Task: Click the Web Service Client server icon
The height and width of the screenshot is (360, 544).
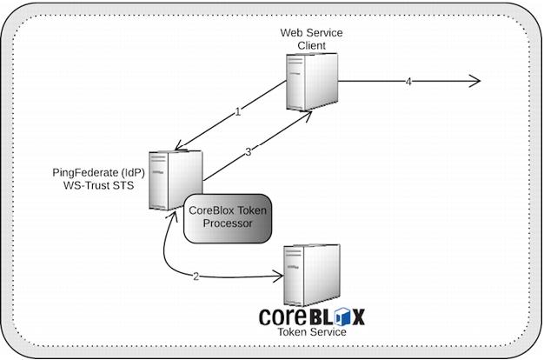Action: [311, 81]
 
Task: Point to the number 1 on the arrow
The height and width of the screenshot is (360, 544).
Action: [237, 111]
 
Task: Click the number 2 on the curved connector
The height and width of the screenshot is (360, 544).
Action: [196, 277]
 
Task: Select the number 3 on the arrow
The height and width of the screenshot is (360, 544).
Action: [249, 151]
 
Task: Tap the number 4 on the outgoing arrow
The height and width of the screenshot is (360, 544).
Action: [408, 81]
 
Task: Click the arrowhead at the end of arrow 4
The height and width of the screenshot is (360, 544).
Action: [475, 81]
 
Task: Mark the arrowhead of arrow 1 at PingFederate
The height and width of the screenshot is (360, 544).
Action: [179, 146]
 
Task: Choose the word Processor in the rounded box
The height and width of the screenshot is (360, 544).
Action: [228, 223]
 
